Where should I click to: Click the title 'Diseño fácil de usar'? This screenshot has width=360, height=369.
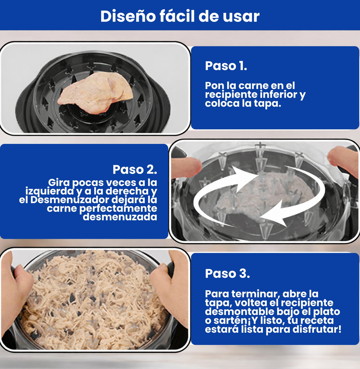coord(180,16)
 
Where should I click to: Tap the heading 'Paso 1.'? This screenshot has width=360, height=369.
coord(226,66)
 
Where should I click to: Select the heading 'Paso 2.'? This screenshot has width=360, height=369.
coord(135,169)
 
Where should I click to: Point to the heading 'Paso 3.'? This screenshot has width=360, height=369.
coord(228,273)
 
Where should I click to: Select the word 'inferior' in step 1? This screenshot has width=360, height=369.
coord(277,95)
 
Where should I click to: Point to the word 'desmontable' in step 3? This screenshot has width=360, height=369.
coord(233,312)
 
